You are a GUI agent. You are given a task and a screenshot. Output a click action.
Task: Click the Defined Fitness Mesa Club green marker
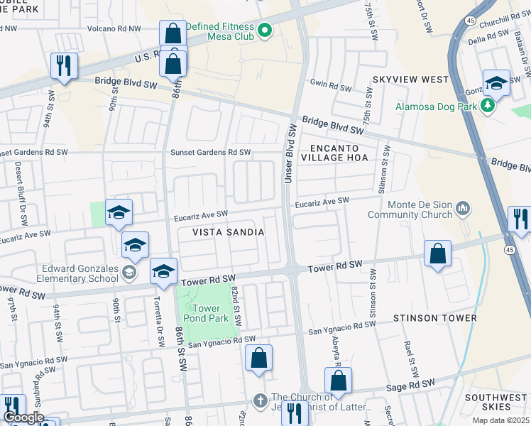(x=265, y=30)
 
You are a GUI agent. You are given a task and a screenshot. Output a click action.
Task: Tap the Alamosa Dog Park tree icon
(x=487, y=106)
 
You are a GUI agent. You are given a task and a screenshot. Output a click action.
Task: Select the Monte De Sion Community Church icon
(x=464, y=208)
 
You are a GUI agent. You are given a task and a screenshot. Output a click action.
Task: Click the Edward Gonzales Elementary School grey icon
(x=128, y=272)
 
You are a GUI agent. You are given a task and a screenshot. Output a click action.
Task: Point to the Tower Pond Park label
(x=207, y=313)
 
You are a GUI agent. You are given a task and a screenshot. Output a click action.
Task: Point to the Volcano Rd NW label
(x=114, y=28)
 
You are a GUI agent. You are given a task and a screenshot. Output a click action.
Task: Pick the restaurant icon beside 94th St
(x=64, y=65)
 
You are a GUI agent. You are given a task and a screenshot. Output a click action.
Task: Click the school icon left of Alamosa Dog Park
(x=496, y=82)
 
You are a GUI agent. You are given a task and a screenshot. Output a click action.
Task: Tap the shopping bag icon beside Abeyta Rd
(x=339, y=380)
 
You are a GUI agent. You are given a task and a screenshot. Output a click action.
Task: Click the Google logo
(x=23, y=417)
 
